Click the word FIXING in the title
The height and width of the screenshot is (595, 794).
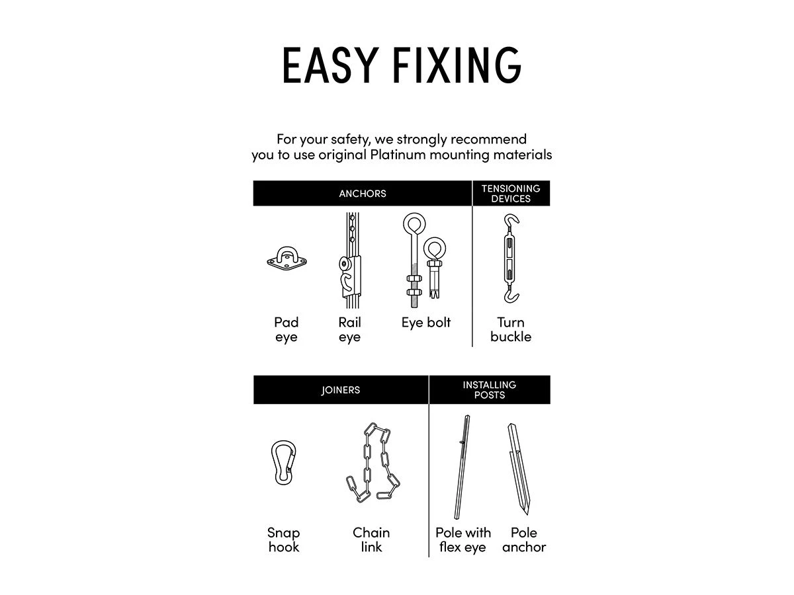[x=457, y=65]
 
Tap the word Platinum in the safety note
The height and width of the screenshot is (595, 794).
[x=398, y=155]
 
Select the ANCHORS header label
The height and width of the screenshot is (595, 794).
[x=363, y=194]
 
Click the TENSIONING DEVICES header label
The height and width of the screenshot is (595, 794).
[x=511, y=193]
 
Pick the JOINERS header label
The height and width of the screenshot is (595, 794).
[x=341, y=390]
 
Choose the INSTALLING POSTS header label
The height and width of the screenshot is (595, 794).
[x=490, y=389]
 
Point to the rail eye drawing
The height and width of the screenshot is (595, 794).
[x=350, y=260]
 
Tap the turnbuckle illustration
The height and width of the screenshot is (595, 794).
[x=510, y=258]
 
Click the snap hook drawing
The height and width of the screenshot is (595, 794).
[x=283, y=462]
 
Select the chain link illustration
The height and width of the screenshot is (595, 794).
[x=373, y=463]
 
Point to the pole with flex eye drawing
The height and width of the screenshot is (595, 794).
[x=463, y=467]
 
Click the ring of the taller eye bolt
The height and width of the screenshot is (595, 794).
[x=414, y=223]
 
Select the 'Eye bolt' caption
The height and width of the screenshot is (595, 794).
[x=425, y=323]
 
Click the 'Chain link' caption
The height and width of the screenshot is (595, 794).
[x=371, y=539]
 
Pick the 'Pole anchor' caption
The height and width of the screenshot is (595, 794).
[x=524, y=539]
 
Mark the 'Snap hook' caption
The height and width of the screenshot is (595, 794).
[x=284, y=539]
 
